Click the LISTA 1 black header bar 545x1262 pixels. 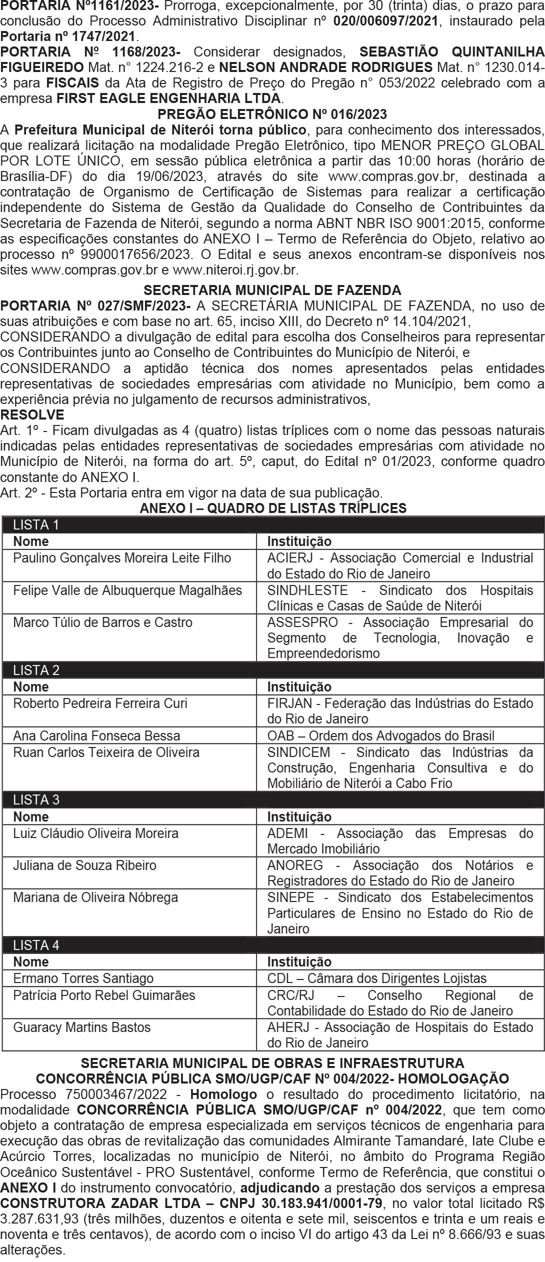click(x=272, y=524)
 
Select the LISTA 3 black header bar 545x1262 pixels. click(x=272, y=799)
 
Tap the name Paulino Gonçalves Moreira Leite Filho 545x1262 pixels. click(x=122, y=557)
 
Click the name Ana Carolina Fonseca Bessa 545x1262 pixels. click(x=96, y=735)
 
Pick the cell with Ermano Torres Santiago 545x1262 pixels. click(x=83, y=977)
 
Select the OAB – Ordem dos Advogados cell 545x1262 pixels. click(x=380, y=735)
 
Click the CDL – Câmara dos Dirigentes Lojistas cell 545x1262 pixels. click(x=376, y=977)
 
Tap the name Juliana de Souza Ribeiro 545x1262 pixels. click(x=84, y=865)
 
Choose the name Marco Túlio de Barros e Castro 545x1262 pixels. click(x=102, y=622)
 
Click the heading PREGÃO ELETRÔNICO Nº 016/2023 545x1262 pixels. click(x=272, y=114)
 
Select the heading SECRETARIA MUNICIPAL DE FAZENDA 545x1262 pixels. click(x=272, y=290)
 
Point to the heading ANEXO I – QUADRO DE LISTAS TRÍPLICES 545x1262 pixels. click(x=272, y=508)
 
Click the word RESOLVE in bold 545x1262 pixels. click(x=32, y=414)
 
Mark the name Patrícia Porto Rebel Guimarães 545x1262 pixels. click(x=104, y=994)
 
